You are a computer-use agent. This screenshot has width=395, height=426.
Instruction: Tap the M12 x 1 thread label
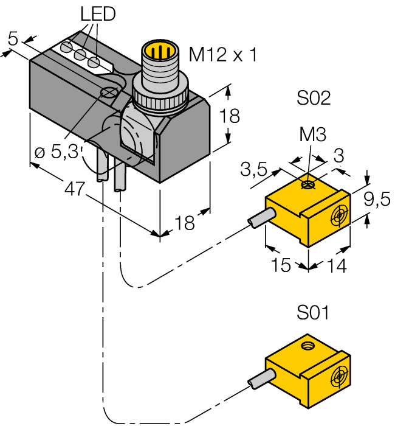pyautogui.click(x=222, y=55)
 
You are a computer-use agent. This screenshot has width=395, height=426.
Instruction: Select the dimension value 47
pyautogui.click(x=74, y=189)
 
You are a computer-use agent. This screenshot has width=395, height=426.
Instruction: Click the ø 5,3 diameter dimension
pyautogui.click(x=56, y=152)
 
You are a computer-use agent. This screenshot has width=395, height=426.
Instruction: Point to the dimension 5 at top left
pyautogui.click(x=13, y=40)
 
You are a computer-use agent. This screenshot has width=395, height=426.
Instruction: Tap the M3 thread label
pyautogui.click(x=313, y=135)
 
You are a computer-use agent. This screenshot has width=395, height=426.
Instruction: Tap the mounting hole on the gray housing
pyautogui.click(x=109, y=93)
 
